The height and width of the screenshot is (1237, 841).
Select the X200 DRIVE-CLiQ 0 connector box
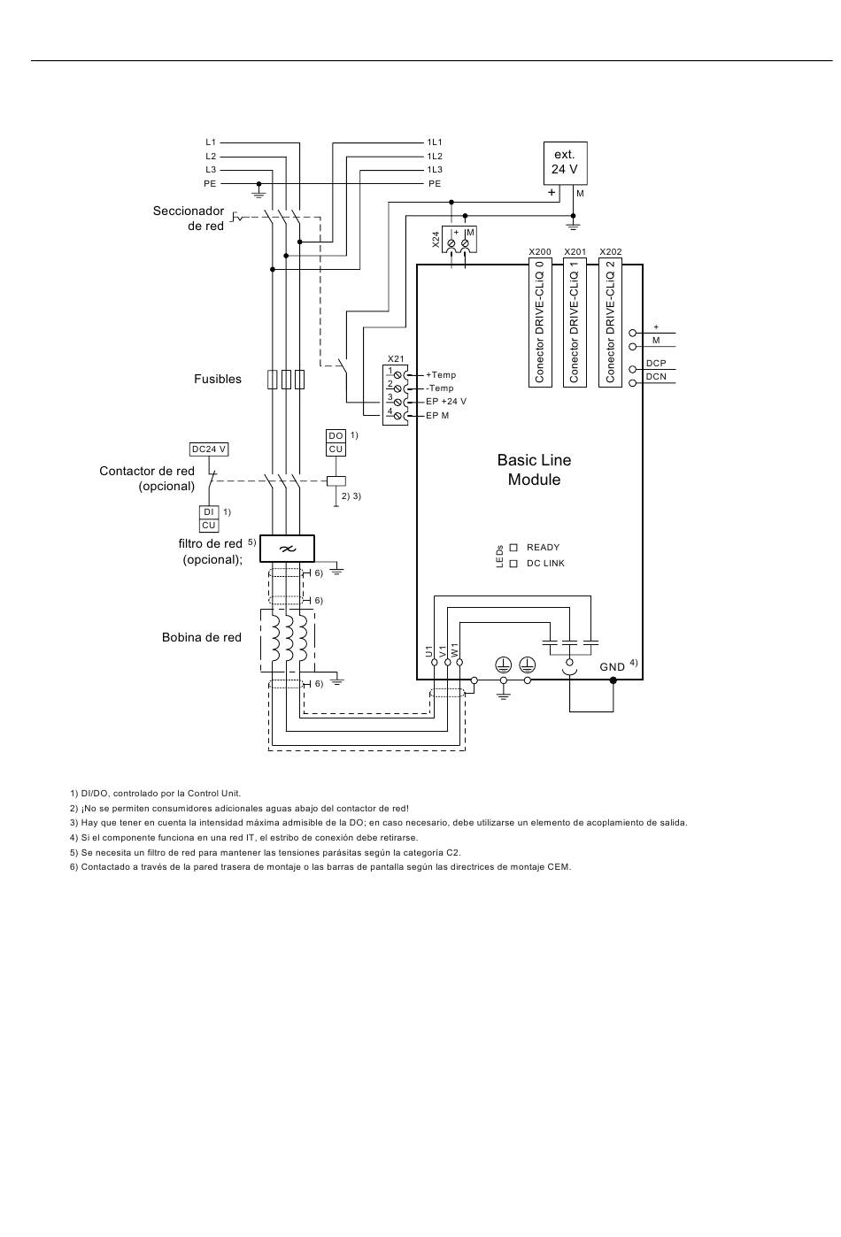coord(540,322)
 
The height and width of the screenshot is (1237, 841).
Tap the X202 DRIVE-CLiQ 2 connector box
coord(610,322)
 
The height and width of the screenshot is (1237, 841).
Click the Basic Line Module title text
coord(534,469)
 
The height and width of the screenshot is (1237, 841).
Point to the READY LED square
coord(513,547)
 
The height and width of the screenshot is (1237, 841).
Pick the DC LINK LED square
coord(513,564)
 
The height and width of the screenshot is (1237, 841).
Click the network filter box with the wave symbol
coord(288,549)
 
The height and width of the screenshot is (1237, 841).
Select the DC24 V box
coord(208,449)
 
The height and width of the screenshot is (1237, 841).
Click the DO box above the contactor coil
coord(336,435)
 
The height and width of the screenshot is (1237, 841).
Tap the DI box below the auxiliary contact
coord(208,512)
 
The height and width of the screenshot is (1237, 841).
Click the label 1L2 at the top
coord(435,157)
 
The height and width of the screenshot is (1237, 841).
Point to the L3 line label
coord(211,170)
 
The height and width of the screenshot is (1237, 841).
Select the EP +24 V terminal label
coord(446,402)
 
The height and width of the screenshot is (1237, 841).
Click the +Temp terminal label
coord(441,375)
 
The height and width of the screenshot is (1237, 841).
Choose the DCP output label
coord(656,364)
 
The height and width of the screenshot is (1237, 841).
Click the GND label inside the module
coord(613,667)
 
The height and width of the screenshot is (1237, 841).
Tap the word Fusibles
coord(217,379)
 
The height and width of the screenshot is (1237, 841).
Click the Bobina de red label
coord(202,637)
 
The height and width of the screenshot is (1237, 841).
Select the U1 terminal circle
coord(435,662)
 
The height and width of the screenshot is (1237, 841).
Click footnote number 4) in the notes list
coord(74,838)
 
